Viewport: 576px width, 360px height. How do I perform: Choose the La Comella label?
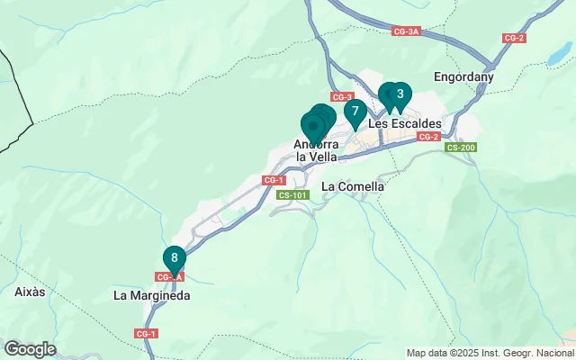point(353,186)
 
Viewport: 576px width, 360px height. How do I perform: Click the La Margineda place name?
point(151,294)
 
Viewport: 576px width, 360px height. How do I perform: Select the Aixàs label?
point(30,292)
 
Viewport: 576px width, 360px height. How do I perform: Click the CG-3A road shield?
point(407,31)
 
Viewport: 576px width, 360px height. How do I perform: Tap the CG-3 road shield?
point(342,96)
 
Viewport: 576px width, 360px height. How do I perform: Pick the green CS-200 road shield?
point(461,147)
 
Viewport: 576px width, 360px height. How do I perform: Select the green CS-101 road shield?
point(292,194)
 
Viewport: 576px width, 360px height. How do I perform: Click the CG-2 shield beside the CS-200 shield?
point(428,137)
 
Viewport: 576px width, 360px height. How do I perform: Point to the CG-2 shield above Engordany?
point(514,38)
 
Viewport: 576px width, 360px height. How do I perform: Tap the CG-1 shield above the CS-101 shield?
point(274,180)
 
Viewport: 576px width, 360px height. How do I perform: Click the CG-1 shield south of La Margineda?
point(146,334)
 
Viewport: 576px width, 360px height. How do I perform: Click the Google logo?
point(30,349)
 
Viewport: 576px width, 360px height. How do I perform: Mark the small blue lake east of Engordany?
point(555,60)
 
